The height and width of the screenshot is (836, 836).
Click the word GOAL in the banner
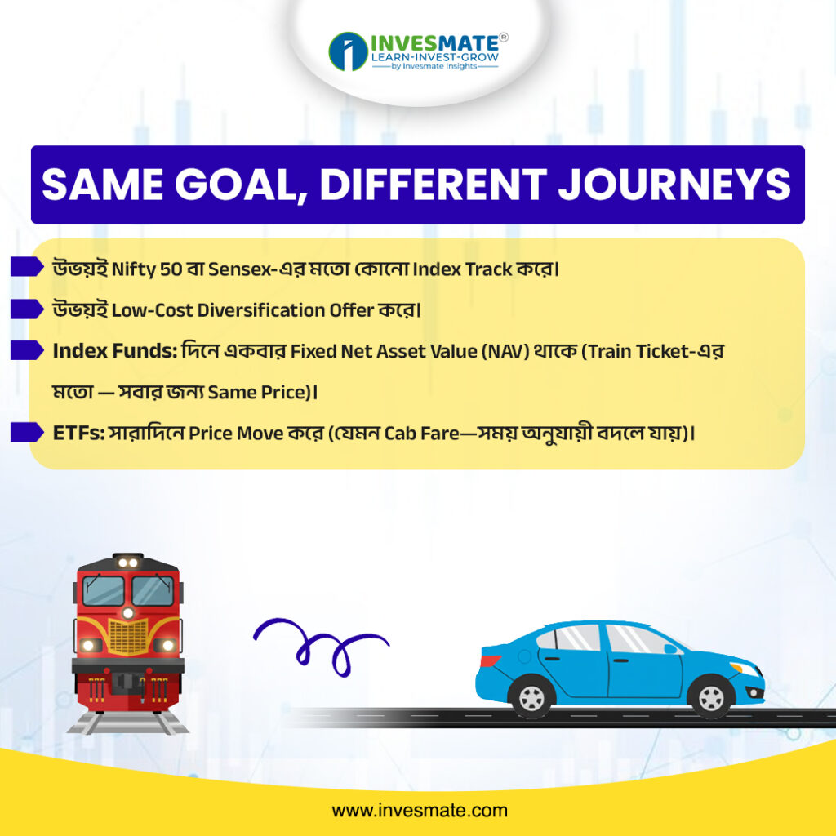pos(235,185)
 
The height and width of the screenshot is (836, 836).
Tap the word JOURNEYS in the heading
pos(674,185)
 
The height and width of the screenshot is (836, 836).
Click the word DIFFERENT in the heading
pos(433,185)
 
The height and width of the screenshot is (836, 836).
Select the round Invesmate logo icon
pos(348,51)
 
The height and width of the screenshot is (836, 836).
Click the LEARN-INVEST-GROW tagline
pos(435,57)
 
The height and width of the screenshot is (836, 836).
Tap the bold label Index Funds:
pos(114,351)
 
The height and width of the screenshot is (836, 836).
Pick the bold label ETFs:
pos(79,433)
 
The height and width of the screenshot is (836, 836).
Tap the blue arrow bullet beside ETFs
pos(27,433)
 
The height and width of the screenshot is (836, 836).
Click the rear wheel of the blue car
pos(531,696)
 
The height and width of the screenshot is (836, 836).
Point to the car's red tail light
pos(490,661)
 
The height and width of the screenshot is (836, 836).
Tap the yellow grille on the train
pos(128,637)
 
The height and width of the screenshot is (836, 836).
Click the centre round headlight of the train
pos(128,612)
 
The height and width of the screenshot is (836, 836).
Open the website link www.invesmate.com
pos(419,811)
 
